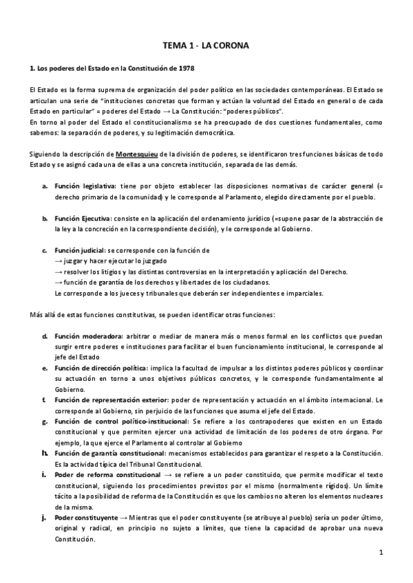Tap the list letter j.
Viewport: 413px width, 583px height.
(x=44, y=516)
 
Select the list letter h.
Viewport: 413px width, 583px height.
(x=44, y=452)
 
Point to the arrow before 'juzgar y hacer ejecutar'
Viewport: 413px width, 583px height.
(x=59, y=261)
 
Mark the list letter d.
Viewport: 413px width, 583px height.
(x=44, y=336)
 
